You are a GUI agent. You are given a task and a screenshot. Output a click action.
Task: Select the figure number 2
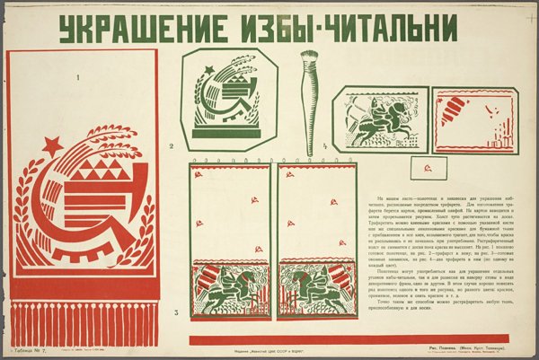171,145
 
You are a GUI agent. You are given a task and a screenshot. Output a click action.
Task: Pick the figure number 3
177,312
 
